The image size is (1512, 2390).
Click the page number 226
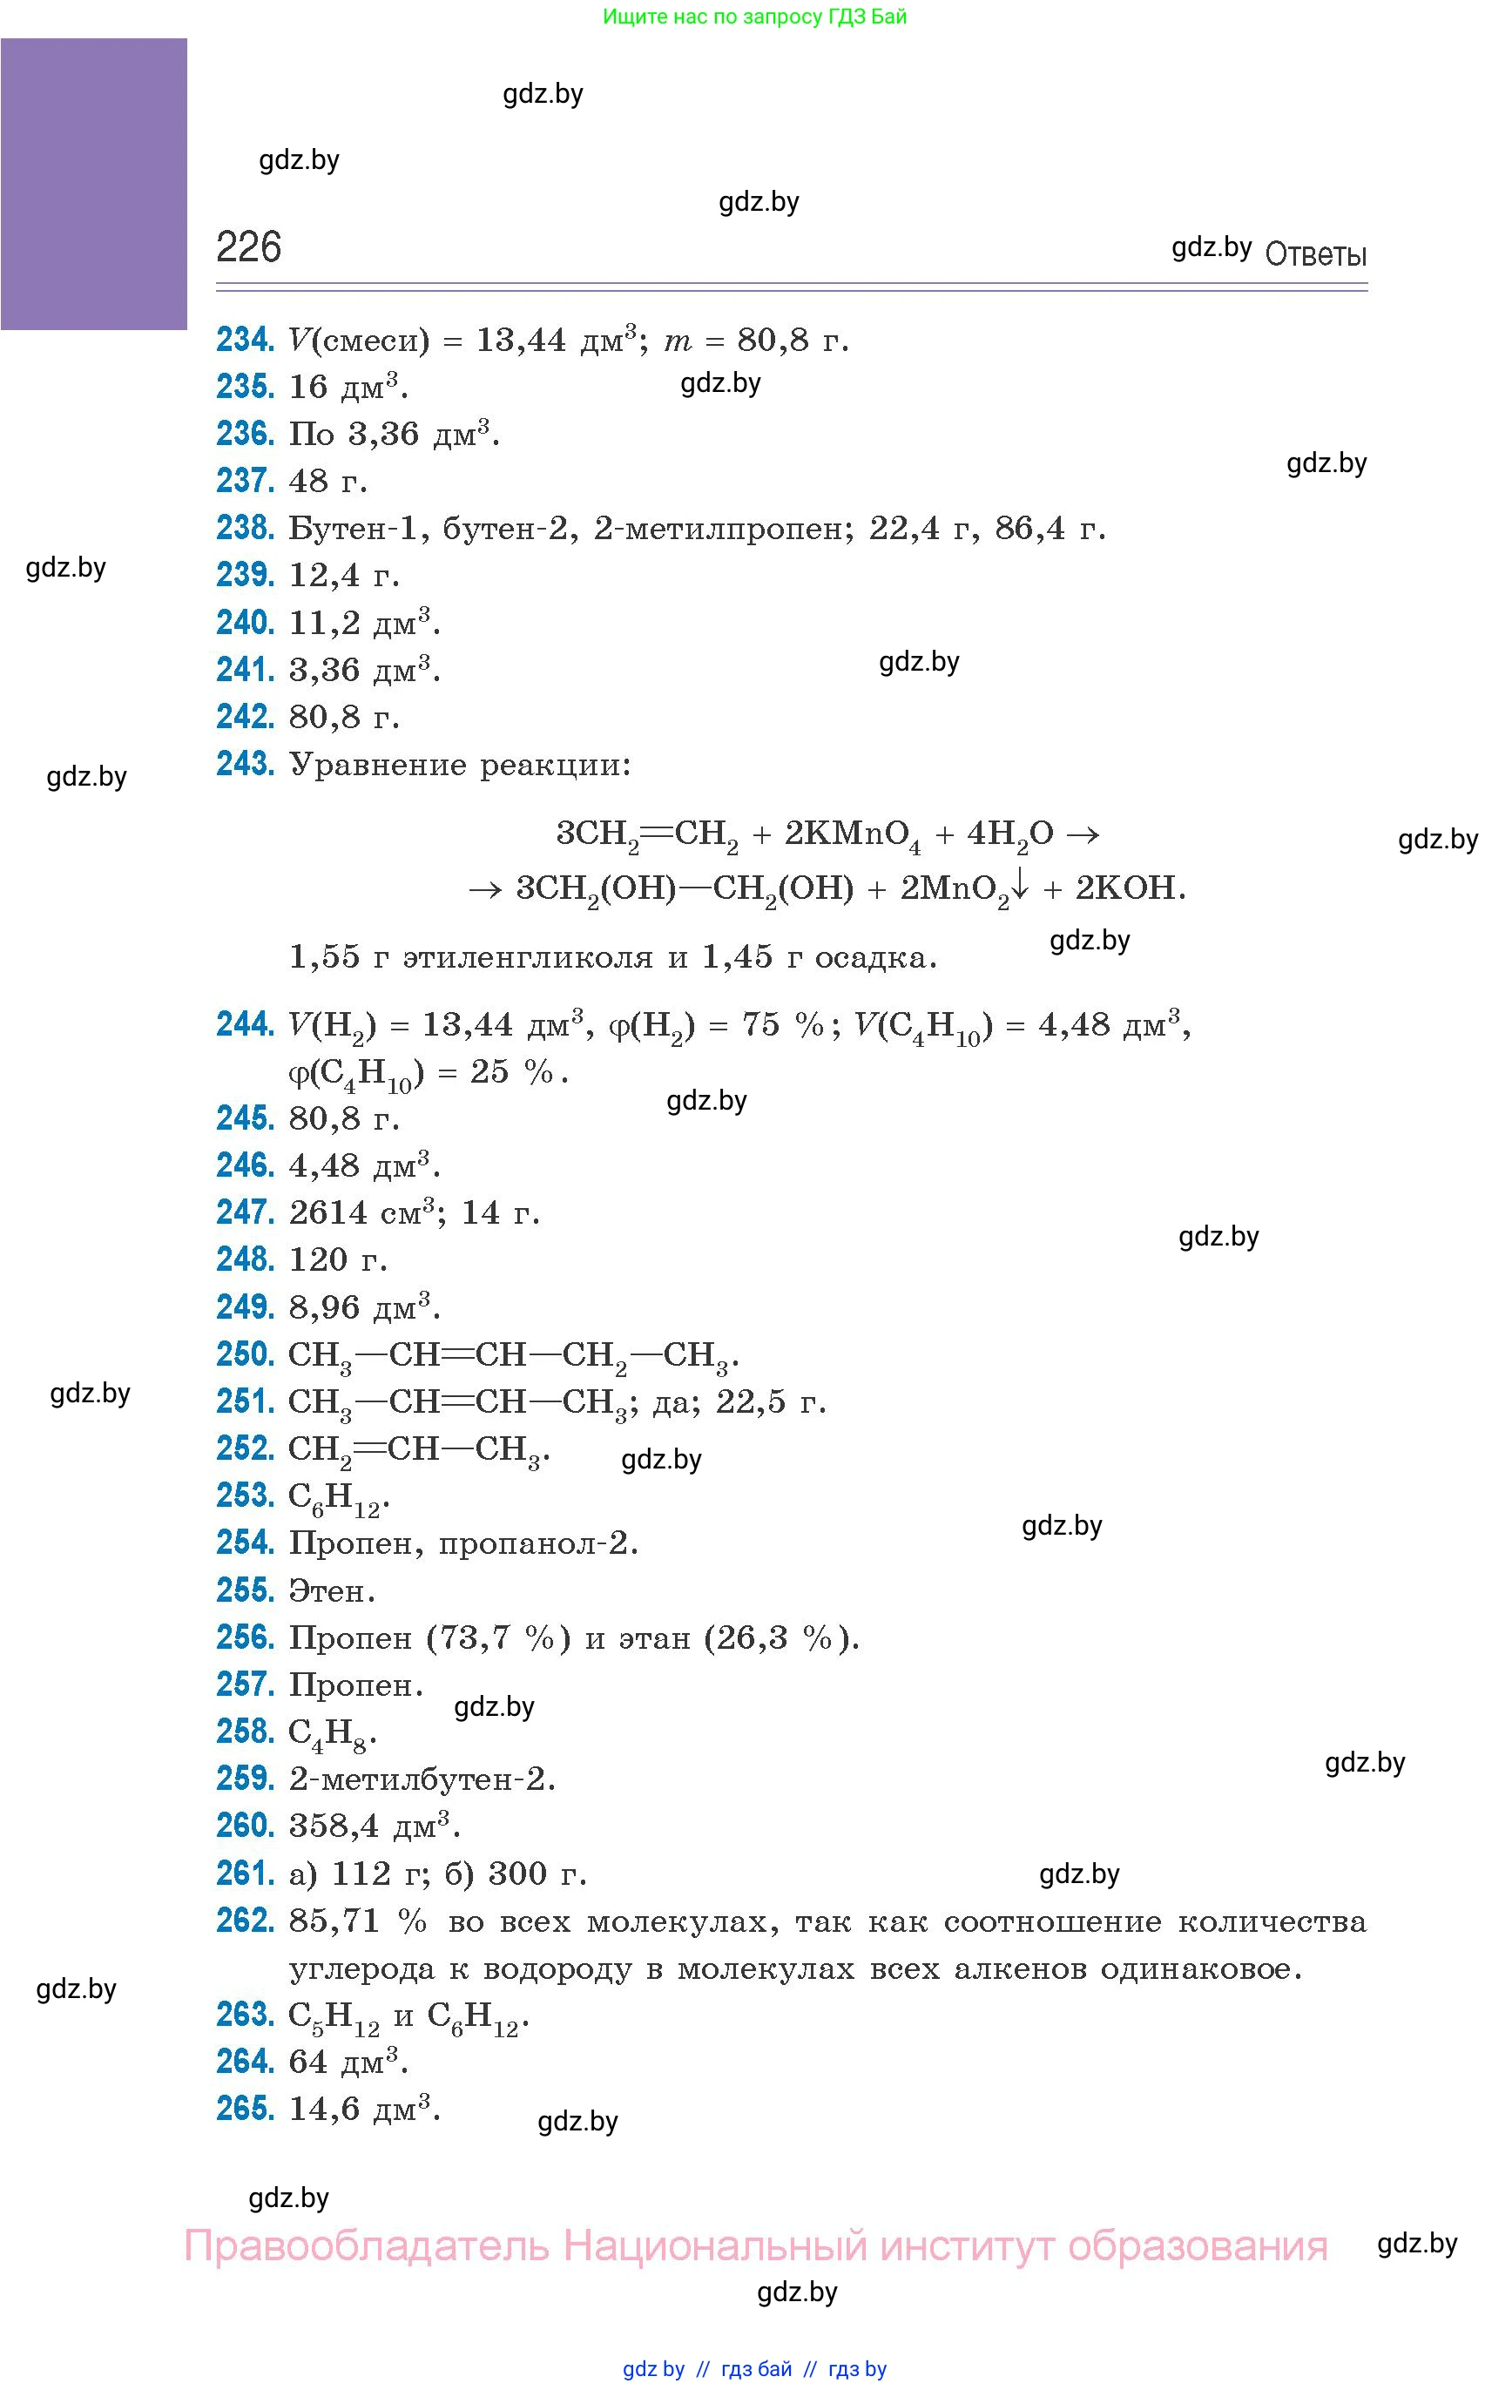[x=248, y=246]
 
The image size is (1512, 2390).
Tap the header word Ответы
[x=1315, y=255]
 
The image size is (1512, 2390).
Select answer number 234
[x=244, y=340]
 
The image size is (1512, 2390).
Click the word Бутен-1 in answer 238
[x=357, y=528]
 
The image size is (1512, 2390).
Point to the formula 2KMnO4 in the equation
[x=852, y=834]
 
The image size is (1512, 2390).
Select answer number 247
[x=244, y=1212]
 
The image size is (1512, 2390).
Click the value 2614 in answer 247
[x=327, y=1212]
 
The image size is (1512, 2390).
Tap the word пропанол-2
[x=537, y=1543]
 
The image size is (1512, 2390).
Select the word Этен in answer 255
[x=329, y=1591]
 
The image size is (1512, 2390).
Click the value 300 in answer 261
[x=517, y=1874]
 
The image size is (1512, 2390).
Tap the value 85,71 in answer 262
[x=334, y=1921]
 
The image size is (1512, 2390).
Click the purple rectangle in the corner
[x=93, y=184]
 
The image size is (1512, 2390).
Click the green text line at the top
[x=754, y=17]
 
